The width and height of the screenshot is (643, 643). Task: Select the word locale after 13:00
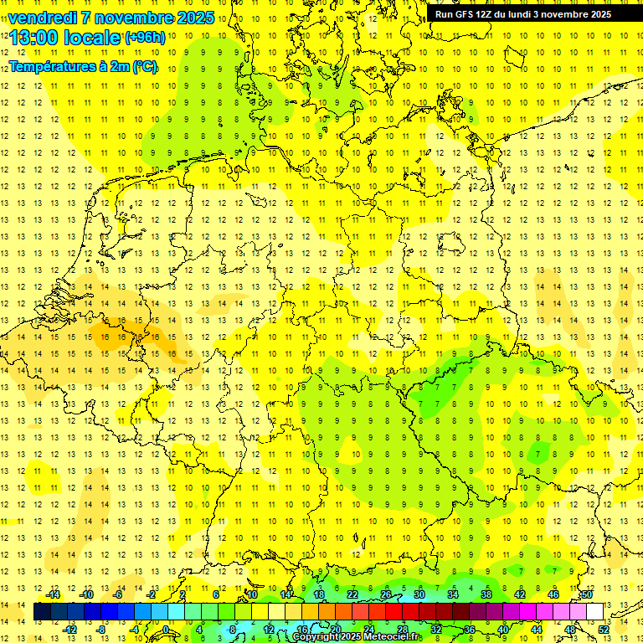click(x=95, y=38)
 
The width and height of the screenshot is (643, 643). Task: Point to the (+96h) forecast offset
click(x=144, y=38)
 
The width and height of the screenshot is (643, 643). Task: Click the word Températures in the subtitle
click(x=50, y=66)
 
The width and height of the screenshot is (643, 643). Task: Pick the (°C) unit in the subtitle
click(x=145, y=66)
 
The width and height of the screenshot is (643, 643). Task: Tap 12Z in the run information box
click(x=488, y=14)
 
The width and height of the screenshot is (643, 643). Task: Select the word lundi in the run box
click(x=530, y=14)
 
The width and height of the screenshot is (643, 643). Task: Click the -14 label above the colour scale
click(x=53, y=594)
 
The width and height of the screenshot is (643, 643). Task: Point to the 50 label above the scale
click(x=587, y=594)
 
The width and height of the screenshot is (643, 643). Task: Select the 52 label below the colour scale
click(x=604, y=630)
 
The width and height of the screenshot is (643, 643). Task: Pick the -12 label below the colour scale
click(x=69, y=630)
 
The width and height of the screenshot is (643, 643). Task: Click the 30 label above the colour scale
click(x=419, y=594)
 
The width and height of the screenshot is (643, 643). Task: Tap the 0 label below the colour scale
click(x=167, y=630)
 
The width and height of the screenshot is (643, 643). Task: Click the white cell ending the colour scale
click(x=595, y=611)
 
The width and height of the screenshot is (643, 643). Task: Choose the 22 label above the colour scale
click(x=352, y=594)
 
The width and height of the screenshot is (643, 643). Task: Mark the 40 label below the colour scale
click(x=503, y=630)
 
